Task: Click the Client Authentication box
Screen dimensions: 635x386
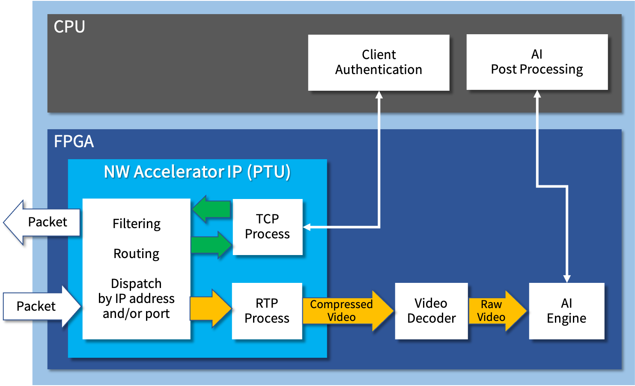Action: [x=379, y=62]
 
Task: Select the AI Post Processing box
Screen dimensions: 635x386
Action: [x=537, y=62]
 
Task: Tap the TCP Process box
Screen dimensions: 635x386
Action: [x=268, y=227]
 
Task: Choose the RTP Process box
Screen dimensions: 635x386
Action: [x=267, y=311]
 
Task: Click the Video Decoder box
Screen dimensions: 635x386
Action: [x=432, y=311]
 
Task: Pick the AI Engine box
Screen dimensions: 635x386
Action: [x=566, y=311]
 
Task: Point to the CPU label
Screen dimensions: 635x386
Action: [x=69, y=27]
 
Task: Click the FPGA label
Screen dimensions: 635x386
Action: [x=74, y=141]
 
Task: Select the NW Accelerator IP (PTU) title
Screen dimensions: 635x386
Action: [x=197, y=172]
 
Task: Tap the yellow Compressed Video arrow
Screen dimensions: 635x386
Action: [x=348, y=311]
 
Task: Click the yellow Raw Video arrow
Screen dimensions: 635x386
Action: [x=498, y=311]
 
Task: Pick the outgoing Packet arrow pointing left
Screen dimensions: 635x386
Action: [x=42, y=223]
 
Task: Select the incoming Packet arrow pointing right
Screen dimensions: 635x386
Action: [x=42, y=306]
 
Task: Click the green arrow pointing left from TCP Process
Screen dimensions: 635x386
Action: [x=211, y=209]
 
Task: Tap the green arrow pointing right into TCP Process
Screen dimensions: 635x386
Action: [x=212, y=244]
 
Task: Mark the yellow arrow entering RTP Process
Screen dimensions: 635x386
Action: [x=211, y=309]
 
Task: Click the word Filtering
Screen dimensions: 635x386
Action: [x=137, y=224]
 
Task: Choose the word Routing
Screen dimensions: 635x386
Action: [x=136, y=254]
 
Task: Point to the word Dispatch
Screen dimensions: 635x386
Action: [x=136, y=283]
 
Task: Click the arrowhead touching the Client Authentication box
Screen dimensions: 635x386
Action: [x=379, y=95]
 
